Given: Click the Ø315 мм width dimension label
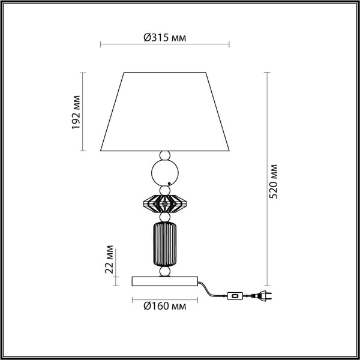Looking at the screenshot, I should pos(164,37).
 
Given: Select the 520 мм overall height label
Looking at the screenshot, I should pos(274,180).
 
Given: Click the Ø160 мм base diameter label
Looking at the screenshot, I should pos(164,306).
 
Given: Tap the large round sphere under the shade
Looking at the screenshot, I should pos(164,173).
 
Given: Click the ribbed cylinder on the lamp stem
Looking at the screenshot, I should pos(164,242).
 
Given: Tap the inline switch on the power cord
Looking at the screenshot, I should pos(234,295).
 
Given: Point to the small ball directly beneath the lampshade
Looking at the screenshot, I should pos(164,155).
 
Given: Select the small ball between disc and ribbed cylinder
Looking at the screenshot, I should pos(164,217).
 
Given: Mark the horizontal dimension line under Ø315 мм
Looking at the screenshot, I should pos(164,44).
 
